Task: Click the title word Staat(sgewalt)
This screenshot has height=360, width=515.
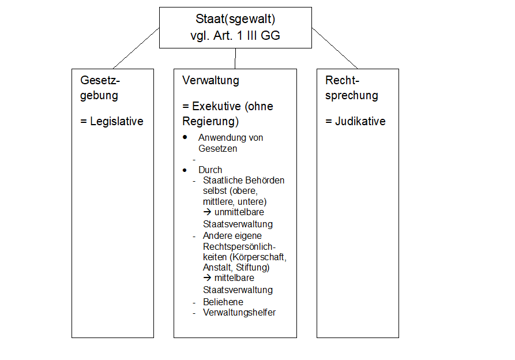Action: (x=235, y=20)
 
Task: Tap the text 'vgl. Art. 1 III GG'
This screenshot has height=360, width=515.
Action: (x=235, y=36)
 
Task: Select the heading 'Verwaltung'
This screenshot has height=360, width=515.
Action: (x=210, y=80)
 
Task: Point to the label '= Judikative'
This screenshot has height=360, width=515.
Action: (x=355, y=122)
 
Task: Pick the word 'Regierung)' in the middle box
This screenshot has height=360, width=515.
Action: (x=210, y=122)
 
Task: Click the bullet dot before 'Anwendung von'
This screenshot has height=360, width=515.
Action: (x=185, y=138)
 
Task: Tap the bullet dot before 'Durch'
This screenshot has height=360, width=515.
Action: (x=185, y=170)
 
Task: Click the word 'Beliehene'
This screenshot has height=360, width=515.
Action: (x=223, y=302)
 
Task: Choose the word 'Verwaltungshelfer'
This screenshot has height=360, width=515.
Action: (x=239, y=313)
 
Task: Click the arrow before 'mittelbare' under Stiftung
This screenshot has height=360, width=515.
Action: (x=208, y=278)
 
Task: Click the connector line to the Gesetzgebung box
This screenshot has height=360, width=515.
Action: (x=136, y=48)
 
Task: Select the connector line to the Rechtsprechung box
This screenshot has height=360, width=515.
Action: (x=334, y=48)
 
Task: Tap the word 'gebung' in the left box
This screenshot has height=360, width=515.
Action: (x=99, y=95)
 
